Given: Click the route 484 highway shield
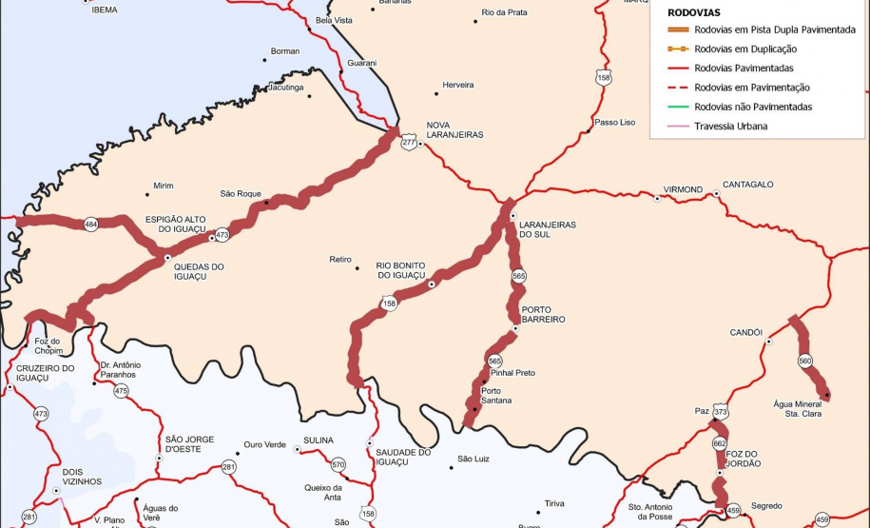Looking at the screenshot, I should coord(90,225).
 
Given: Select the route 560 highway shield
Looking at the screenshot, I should coord(805,361).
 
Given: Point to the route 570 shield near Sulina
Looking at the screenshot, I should coord(338,465).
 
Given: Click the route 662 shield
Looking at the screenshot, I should coord(719,443).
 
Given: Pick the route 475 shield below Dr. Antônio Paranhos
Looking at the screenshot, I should coord(121,391).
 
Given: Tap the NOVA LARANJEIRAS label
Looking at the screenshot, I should coord(454,129).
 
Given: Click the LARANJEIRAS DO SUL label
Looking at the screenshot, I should coord(549,229).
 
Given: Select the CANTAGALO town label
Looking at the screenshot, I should coord(747,185).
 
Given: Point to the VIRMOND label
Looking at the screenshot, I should coord(683,189).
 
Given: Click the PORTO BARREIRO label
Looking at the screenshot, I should coord(543,314).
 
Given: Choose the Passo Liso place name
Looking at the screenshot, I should coord(614,122).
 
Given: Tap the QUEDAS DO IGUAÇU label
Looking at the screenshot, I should coord(199,272).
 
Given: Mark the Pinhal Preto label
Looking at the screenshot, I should coord(512,373).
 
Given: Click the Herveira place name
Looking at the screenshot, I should coord(458,85).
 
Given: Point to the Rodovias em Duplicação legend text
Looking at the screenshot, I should coord(745,49).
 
